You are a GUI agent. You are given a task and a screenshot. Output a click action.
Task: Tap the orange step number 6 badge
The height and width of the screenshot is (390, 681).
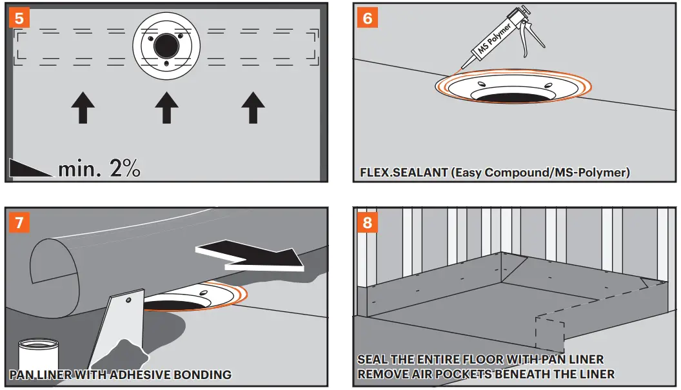(x=368, y=17)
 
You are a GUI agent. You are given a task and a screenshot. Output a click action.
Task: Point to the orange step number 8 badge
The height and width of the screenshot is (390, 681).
(x=368, y=223)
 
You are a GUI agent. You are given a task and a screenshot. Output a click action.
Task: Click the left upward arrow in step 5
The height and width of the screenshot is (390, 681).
(x=83, y=107)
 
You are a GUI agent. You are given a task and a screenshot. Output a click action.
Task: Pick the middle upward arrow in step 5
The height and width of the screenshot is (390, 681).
(x=167, y=107)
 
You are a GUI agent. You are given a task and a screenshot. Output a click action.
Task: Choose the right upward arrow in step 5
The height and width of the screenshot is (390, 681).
(x=252, y=107)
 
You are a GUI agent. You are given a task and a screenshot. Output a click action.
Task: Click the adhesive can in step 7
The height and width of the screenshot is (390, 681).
(x=38, y=358)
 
